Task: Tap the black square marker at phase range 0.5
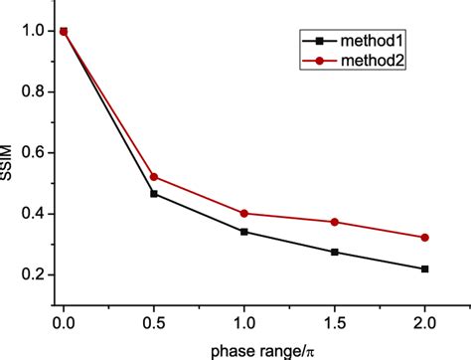point(154,194)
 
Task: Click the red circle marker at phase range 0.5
point(154,177)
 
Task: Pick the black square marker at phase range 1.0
point(244,232)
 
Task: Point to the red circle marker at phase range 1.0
point(244,213)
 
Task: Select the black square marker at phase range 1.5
point(335,253)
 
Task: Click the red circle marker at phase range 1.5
point(335,222)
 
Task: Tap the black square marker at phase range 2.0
point(425,269)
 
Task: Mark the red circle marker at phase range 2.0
point(425,237)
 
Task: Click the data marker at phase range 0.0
point(64,32)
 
